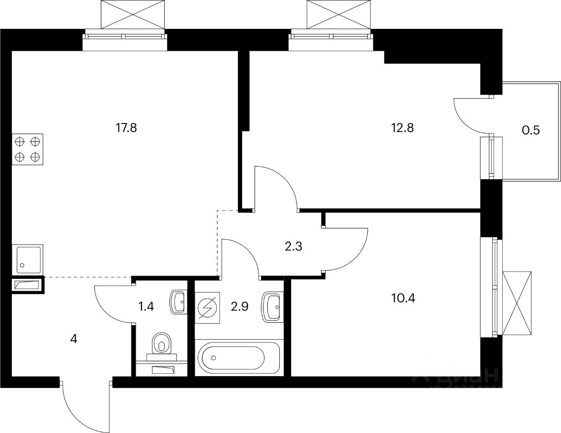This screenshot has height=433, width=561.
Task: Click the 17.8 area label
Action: coord(127,128)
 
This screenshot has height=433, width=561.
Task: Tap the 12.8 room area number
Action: coord(402,128)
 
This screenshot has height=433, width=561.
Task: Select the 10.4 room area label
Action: coord(402,299)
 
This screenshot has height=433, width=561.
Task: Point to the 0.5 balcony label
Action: coord(531,130)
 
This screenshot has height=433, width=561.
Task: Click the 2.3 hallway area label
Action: coord(294,246)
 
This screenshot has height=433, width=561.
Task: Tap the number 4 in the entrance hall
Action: coord(74,339)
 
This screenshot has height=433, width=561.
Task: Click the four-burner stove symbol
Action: coord(28,149)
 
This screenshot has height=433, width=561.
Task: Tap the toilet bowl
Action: coord(162,343)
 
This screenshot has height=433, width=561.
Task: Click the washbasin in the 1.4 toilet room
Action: coord(178,301)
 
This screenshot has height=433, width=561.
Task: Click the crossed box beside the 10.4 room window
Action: coord(517,303)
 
